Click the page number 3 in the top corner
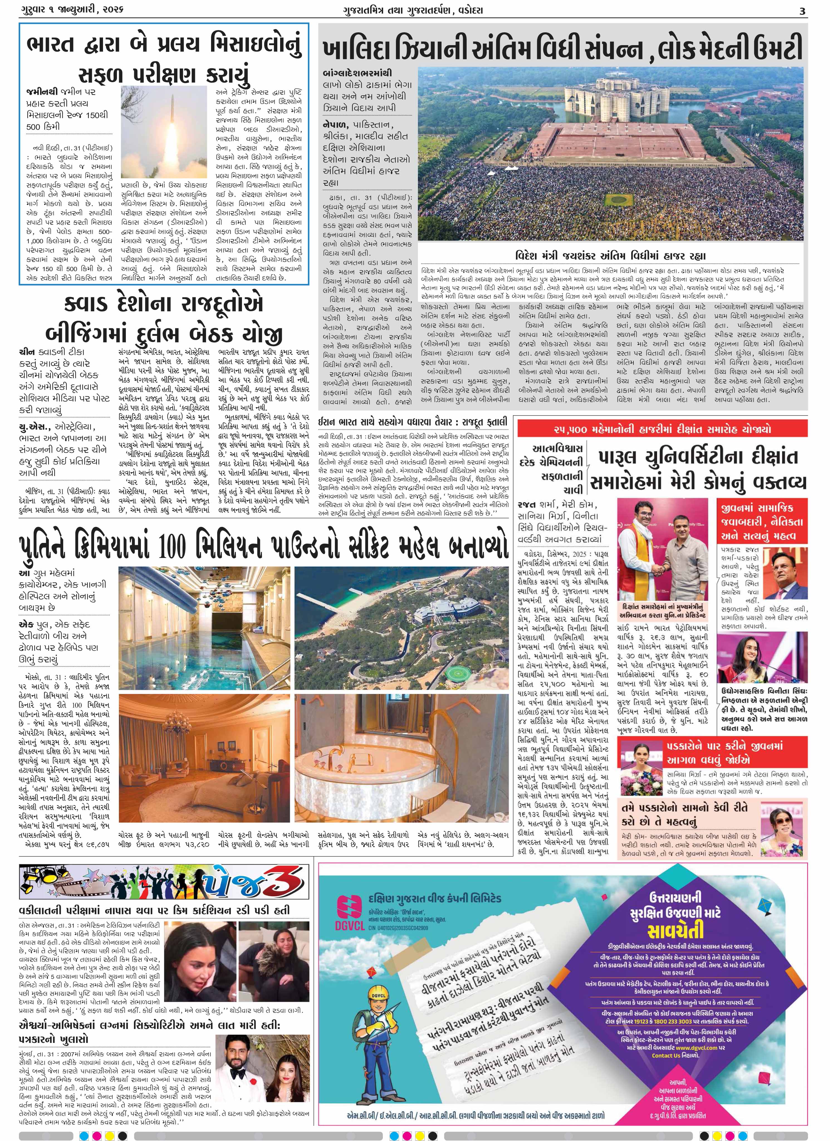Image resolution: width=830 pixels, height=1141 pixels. point(802,11)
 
